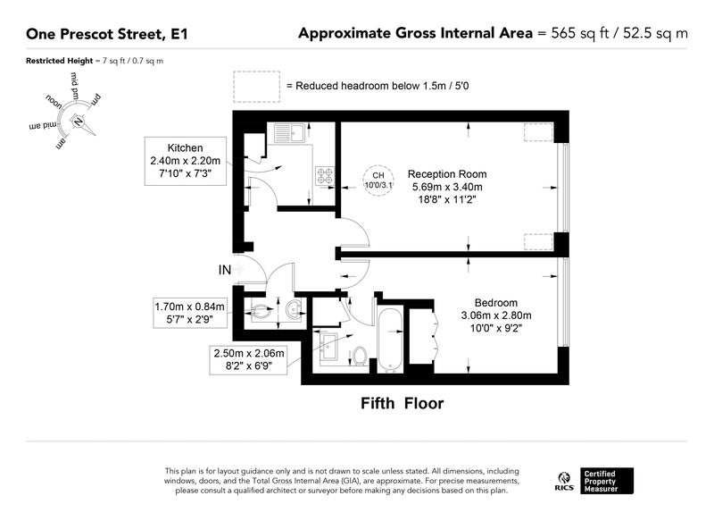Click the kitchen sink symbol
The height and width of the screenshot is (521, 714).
coord(289,132)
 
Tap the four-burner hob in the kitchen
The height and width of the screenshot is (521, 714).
coord(325,176)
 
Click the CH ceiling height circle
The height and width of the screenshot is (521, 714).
coord(378,181)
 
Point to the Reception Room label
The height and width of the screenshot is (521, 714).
coord(447,174)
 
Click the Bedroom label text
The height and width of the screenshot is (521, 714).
coord(496,303)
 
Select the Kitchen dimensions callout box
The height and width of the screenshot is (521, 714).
coord(186,161)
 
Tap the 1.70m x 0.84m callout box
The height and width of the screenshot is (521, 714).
coord(190,313)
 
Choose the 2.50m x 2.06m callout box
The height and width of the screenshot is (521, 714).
coord(249,359)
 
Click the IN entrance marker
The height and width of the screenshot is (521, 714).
coord(225,270)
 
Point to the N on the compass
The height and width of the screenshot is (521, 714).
coord(78,122)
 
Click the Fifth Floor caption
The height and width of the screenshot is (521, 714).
coord(403,403)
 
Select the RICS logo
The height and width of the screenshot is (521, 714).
coord(564,482)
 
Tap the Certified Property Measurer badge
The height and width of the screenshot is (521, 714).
coord(607,481)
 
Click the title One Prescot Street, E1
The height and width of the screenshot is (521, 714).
coord(107,34)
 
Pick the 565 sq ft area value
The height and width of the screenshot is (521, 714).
coord(579,33)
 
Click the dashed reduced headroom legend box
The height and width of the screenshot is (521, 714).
coord(256,87)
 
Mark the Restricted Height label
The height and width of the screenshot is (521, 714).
coord(59,61)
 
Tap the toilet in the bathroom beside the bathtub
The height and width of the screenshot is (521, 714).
coord(360,356)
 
